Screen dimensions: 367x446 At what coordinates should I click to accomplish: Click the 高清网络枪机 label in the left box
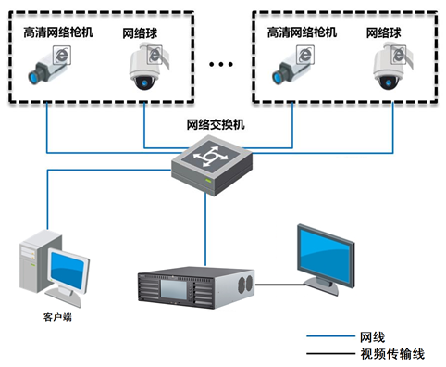57,32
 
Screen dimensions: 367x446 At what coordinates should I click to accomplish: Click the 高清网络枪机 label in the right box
302,32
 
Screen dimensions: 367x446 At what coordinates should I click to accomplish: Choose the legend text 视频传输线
390,354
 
